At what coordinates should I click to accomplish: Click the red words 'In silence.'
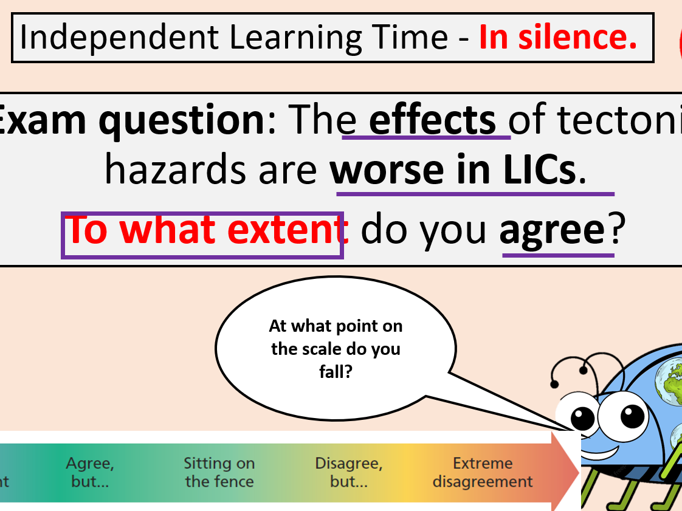pyautogui.click(x=557, y=38)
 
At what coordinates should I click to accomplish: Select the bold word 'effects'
pyautogui.click(x=432, y=120)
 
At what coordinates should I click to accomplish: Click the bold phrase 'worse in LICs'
pyautogui.click(x=452, y=171)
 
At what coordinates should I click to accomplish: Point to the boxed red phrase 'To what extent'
pyautogui.click(x=202, y=230)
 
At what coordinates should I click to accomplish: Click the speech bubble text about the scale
pyautogui.click(x=336, y=349)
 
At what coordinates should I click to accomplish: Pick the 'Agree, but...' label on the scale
pyautogui.click(x=90, y=473)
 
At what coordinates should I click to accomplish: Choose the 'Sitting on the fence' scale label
pyautogui.click(x=219, y=473)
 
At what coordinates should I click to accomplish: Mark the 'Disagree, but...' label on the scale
pyautogui.click(x=348, y=473)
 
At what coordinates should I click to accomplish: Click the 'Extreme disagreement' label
pyautogui.click(x=483, y=473)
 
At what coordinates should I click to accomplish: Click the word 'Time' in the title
pyautogui.click(x=419, y=38)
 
